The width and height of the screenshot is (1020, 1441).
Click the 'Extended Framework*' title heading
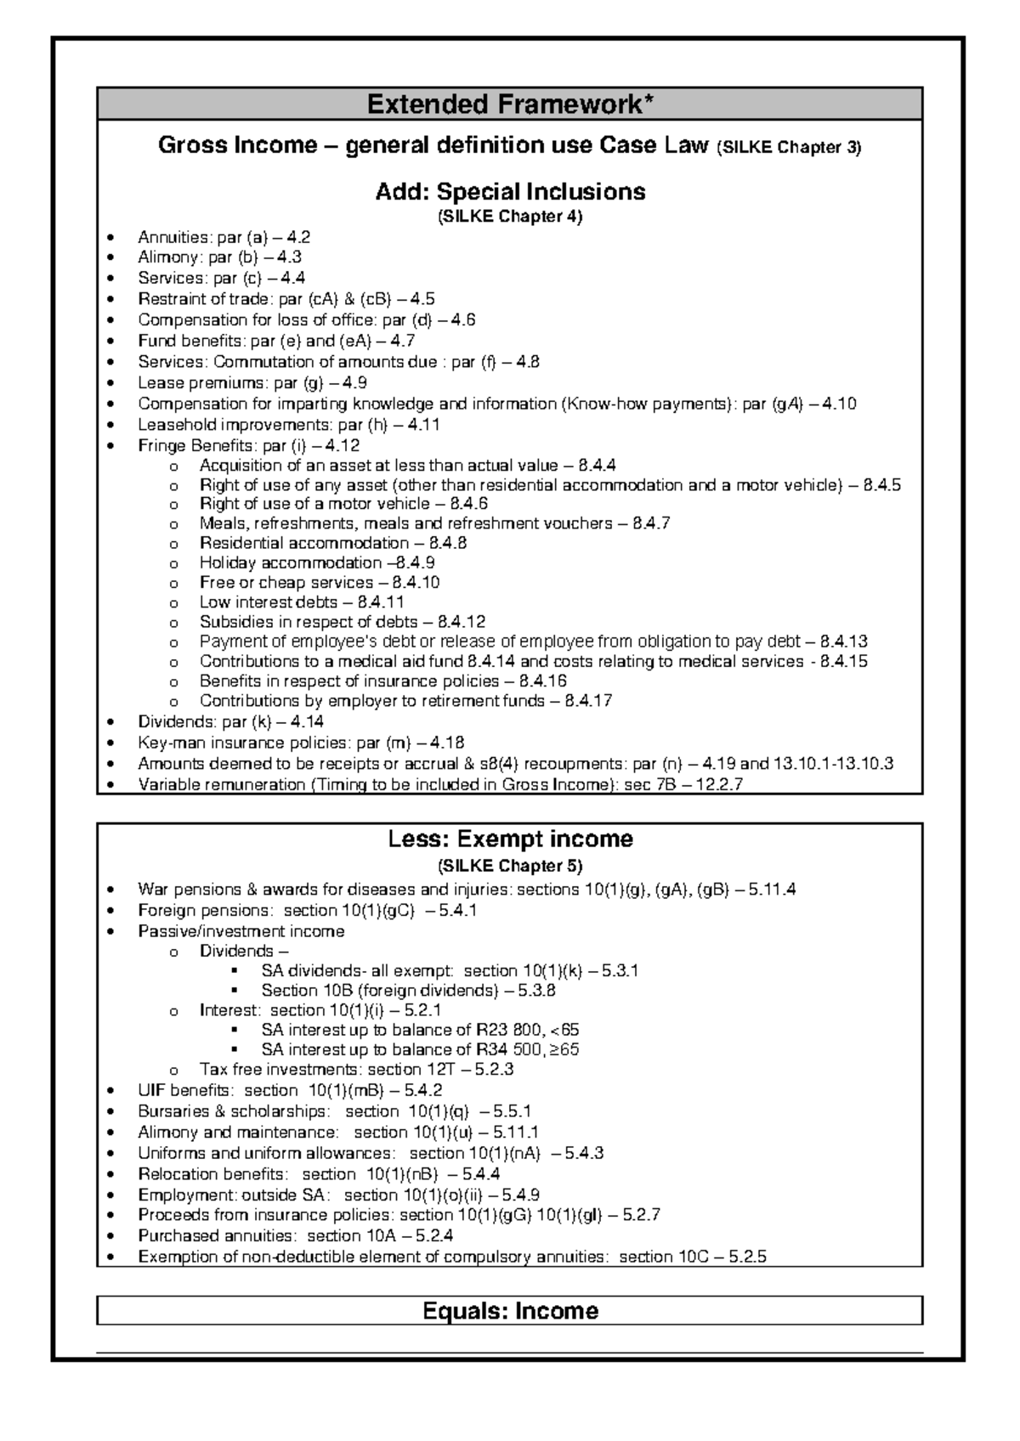(x=510, y=105)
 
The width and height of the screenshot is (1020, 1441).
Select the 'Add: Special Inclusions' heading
(x=510, y=191)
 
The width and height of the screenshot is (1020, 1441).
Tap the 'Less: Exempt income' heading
(x=510, y=839)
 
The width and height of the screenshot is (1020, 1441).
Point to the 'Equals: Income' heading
(x=510, y=1311)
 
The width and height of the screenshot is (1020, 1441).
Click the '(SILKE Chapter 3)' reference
(x=789, y=147)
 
